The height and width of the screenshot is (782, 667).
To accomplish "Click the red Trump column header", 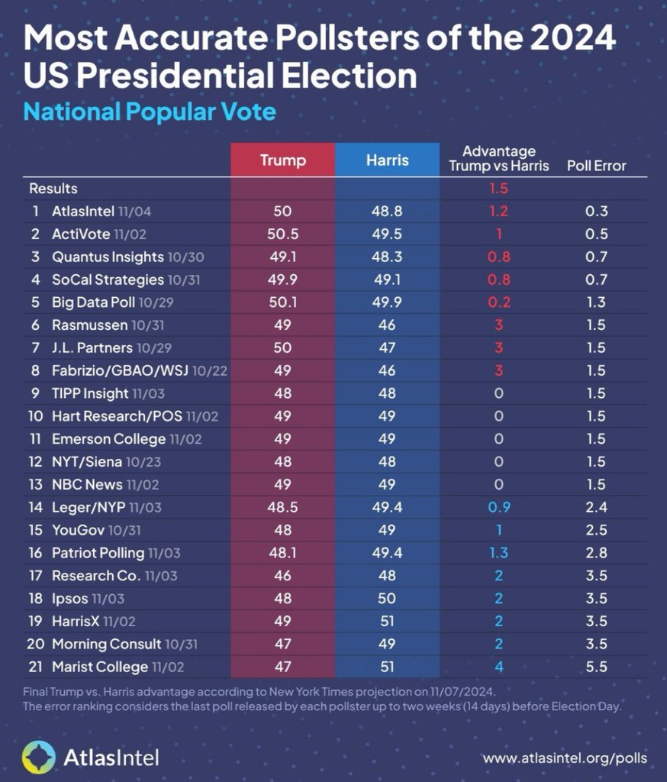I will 282,160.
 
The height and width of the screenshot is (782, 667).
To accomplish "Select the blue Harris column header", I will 387,160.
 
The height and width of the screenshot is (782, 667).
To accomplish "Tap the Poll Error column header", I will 596,166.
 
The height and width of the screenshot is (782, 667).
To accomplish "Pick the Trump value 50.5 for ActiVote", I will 282,234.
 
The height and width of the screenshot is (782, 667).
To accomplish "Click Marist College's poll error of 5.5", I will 596,667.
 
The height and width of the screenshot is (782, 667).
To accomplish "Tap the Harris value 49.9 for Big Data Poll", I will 387,302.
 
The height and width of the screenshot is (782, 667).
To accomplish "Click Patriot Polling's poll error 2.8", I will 596,553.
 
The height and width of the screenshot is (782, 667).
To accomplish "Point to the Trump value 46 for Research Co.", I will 282,576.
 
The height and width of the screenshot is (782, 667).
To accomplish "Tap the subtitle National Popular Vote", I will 150,112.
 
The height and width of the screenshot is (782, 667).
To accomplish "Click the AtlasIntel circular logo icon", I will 38,758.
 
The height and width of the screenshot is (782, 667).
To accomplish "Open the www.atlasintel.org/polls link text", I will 565,758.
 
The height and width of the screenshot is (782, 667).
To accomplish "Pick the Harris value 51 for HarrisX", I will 387,621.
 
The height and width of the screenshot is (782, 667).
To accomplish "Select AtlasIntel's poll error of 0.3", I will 596,211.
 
